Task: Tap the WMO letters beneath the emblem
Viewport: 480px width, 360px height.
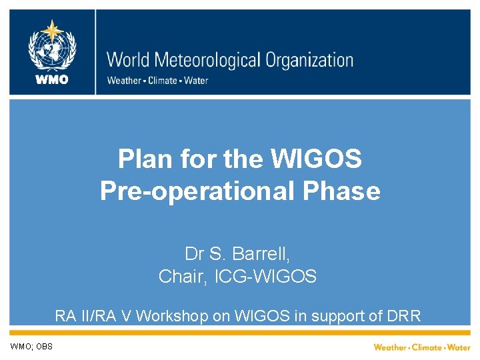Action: coord(52,80)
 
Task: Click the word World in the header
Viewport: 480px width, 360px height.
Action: coord(129,60)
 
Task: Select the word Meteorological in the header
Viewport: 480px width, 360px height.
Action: coord(208,61)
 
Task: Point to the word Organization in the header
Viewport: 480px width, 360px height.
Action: coord(309,61)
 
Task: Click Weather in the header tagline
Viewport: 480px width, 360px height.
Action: coord(124,81)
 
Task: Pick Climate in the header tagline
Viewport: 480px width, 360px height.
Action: coord(161,81)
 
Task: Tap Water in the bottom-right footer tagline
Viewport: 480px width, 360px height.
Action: coord(459,347)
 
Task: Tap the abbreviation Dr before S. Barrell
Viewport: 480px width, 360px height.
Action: coord(193,254)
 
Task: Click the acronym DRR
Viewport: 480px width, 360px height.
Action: coord(405,315)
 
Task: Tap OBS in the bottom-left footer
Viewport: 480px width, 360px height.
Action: coord(44,347)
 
